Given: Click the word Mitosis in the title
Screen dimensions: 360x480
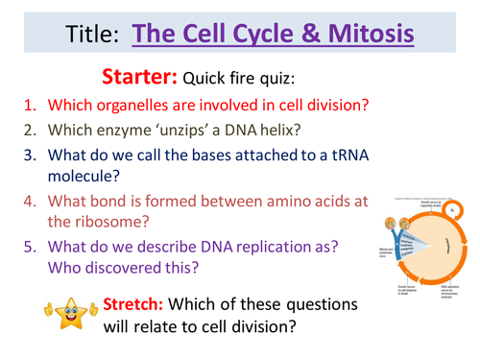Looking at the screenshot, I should pos(366,36).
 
